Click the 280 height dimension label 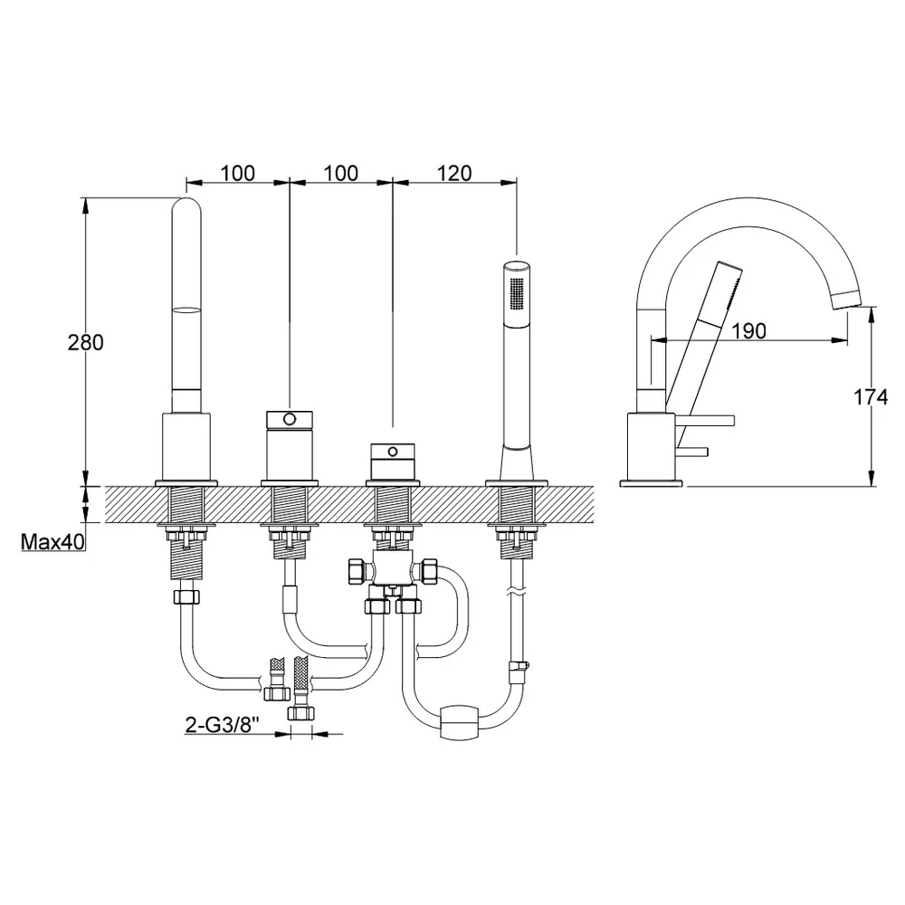[x=85, y=342]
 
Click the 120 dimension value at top [x=454, y=173]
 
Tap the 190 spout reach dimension [x=748, y=330]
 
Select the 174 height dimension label [x=871, y=397]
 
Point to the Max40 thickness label [x=52, y=542]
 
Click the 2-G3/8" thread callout [x=220, y=725]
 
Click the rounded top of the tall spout [x=186, y=206]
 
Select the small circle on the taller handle [x=290, y=418]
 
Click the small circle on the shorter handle [x=393, y=451]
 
